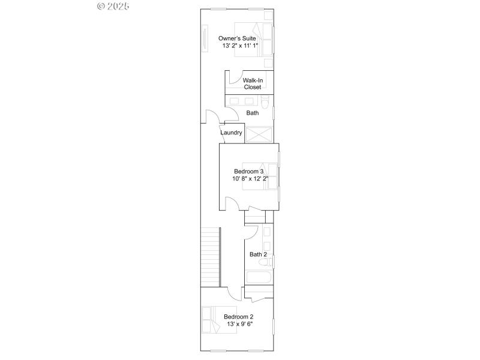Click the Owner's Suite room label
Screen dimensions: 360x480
pos(237,39)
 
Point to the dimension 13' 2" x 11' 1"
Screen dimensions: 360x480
pos(240,46)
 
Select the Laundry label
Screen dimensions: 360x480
pos(231,133)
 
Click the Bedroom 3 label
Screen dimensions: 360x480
pos(249,171)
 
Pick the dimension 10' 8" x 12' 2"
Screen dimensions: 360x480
pos(250,178)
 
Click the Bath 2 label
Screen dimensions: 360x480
pos(258,254)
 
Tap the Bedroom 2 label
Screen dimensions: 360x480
pos(238,317)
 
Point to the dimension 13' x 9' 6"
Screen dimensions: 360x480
pos(239,324)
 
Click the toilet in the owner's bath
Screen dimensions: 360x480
pos(266,101)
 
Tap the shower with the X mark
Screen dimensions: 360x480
pos(259,134)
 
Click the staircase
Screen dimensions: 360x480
pos(210,257)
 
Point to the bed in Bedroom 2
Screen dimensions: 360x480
pos(209,320)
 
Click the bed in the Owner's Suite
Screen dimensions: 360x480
pos(263,39)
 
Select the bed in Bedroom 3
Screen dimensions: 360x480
pos(264,175)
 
